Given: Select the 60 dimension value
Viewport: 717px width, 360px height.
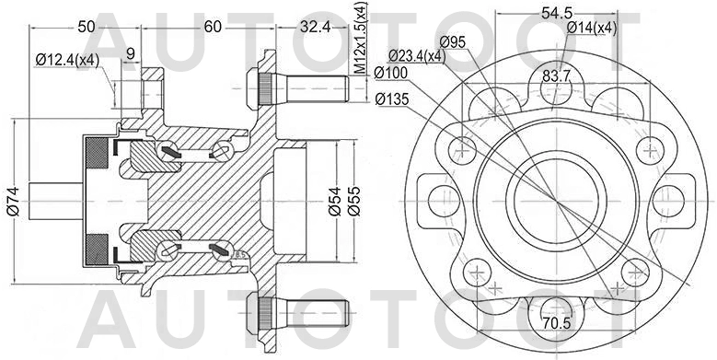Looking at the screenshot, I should [214, 27].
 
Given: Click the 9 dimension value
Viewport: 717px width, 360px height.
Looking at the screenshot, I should [131, 53].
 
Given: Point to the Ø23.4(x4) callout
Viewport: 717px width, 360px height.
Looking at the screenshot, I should [413, 55].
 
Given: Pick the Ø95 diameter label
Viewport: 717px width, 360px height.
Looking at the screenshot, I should [453, 41].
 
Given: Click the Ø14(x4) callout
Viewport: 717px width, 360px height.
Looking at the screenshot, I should [591, 28].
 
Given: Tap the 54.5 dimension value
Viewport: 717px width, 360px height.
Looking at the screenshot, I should [557, 12].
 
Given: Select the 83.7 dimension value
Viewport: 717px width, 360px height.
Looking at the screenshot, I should [558, 75].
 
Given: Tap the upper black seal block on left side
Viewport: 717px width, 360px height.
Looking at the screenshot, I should [96, 156].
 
